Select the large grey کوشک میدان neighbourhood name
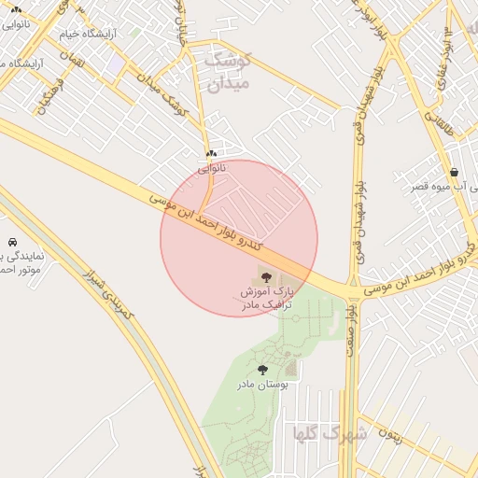coord(227,72)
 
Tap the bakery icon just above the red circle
coord(212,153)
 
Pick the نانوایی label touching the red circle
coord(212,168)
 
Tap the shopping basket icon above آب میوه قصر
coord(454,172)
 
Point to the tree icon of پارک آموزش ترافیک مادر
coord(267,277)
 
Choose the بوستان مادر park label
coord(262,384)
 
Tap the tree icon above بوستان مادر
coord(262,370)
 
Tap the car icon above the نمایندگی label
coord(10,241)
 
